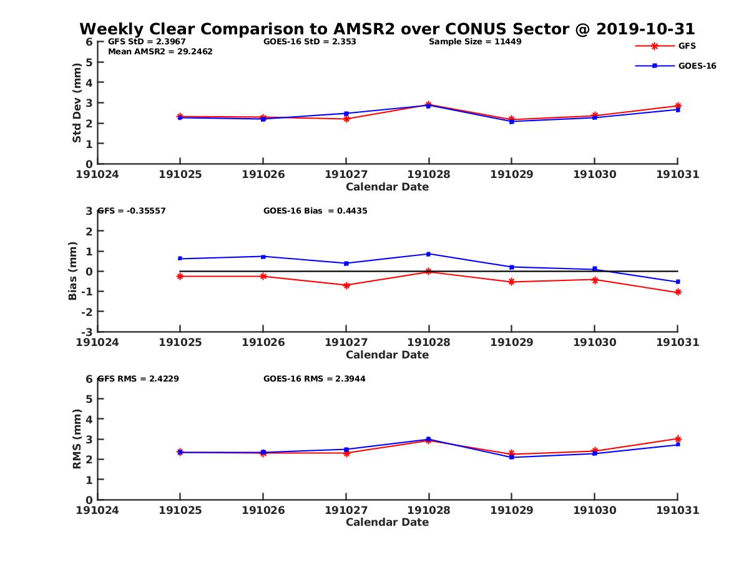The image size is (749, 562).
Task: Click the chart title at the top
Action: [387, 29]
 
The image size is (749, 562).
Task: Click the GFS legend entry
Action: [687, 46]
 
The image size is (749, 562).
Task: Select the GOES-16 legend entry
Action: [697, 66]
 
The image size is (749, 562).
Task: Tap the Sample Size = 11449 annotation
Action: [475, 42]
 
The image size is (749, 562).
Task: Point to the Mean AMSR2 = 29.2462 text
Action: [160, 52]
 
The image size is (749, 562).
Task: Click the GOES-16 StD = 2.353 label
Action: [310, 42]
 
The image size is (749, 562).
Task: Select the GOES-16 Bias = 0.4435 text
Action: [315, 211]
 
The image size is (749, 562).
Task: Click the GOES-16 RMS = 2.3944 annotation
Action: [314, 378]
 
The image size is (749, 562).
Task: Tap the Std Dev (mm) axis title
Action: [77, 103]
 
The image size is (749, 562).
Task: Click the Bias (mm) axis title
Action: [73, 271]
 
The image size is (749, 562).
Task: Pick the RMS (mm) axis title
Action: [77, 439]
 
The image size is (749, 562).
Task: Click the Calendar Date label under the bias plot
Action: [387, 355]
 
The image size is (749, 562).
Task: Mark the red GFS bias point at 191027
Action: [346, 285]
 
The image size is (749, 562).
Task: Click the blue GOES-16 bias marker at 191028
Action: [428, 254]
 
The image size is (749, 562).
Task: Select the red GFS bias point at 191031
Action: [678, 292]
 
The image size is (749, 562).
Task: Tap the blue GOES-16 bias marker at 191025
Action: [180, 259]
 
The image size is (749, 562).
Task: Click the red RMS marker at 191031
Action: [678, 439]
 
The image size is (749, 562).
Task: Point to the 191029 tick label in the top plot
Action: [511, 175]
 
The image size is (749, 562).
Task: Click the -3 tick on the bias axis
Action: [89, 332]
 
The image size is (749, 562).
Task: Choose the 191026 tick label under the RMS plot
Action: [263, 510]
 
